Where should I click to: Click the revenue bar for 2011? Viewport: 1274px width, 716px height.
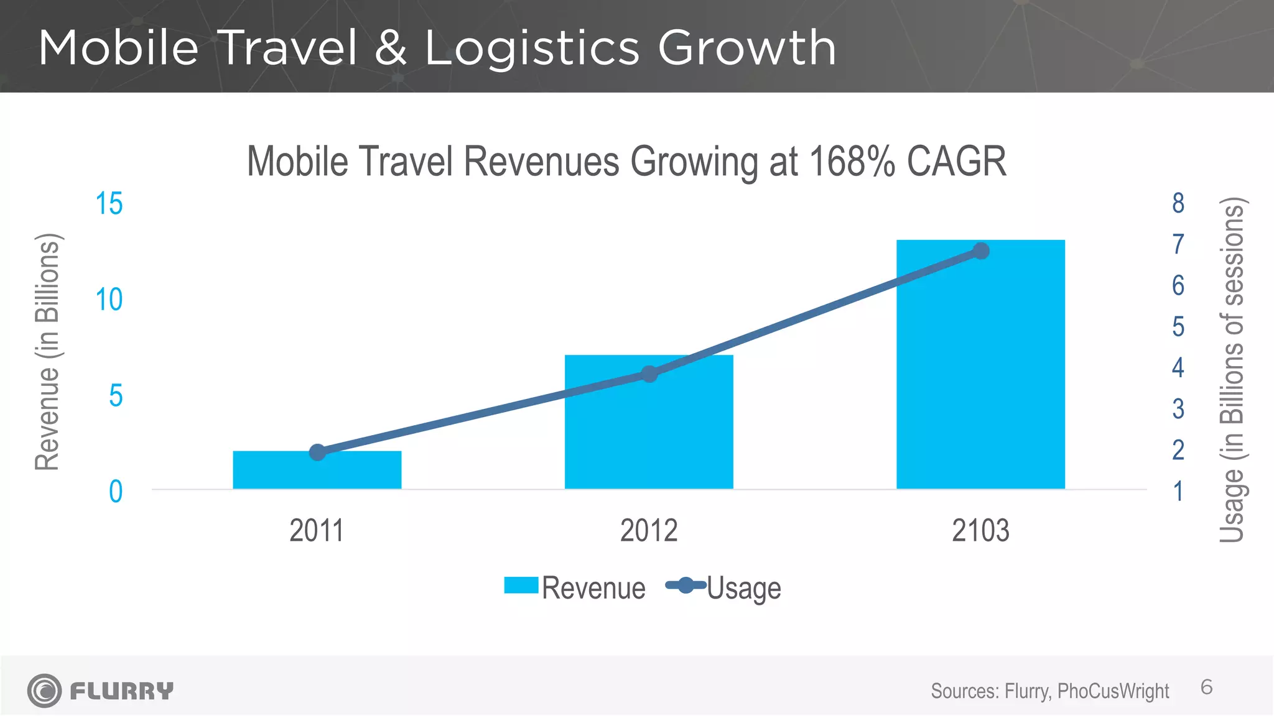click(348, 472)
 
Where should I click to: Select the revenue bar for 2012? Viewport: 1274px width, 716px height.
click(649, 435)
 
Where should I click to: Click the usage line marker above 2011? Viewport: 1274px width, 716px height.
click(318, 452)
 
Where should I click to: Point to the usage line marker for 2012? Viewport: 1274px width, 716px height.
click(649, 374)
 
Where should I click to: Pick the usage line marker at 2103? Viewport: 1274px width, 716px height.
click(981, 251)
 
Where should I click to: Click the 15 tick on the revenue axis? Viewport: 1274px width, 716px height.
click(109, 204)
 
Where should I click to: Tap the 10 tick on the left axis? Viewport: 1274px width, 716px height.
click(109, 300)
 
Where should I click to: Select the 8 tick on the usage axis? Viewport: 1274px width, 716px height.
click(1178, 203)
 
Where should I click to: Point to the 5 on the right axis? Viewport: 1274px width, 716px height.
click(1178, 327)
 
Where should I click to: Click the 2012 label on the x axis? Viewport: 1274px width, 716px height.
click(649, 531)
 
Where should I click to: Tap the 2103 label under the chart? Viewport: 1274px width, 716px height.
click(980, 531)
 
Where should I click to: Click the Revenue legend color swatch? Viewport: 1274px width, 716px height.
click(521, 585)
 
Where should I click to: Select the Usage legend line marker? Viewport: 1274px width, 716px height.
click(686, 585)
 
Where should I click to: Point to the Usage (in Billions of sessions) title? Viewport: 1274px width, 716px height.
click(1232, 370)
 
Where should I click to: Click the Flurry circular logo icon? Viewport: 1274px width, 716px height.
click(44, 691)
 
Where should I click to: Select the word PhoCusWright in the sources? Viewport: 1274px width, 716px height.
click(1113, 691)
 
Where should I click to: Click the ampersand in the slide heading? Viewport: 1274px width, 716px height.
click(391, 48)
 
